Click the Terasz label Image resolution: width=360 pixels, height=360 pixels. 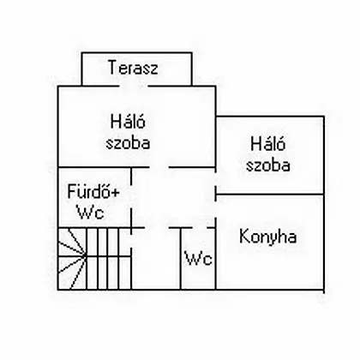click(133, 68)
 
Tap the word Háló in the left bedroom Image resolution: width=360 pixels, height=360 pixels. click(128, 121)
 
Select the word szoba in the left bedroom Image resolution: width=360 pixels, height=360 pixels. click(128, 142)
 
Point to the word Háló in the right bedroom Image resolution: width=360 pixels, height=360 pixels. click(268, 144)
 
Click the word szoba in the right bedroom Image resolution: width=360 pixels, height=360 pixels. click(268, 165)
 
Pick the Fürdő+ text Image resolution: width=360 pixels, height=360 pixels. click(93, 191)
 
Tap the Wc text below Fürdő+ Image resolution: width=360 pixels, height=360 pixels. click(90, 213)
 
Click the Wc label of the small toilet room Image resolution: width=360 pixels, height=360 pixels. click(199, 258)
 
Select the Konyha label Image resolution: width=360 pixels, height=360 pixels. click(267, 237)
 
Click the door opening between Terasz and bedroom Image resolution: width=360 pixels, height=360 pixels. click(134, 86)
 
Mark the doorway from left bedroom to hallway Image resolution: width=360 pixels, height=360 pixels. click(159, 167)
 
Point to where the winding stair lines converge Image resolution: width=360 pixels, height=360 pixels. click(85, 255)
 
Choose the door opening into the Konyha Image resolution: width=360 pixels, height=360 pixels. click(215, 209)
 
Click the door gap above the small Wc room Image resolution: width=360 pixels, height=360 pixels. click(200, 228)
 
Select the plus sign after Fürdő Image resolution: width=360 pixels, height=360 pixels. click(115, 193)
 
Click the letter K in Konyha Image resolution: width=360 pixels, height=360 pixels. click(243, 237)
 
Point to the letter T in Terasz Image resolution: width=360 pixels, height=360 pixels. click(112, 67)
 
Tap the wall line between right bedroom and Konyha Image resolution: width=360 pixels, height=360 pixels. click(270, 195)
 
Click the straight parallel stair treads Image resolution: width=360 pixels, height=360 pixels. click(109, 259)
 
